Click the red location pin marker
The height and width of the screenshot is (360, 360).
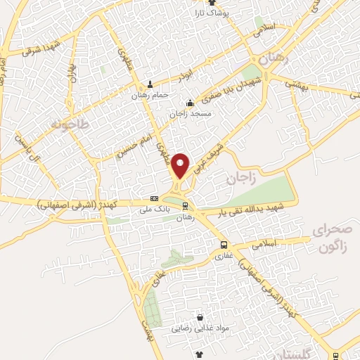click(x=181, y=166)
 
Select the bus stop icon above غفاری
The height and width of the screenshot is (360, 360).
click(x=223, y=245)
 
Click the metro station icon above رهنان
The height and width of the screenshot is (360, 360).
click(x=185, y=207)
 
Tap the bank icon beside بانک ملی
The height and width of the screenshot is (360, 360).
click(x=155, y=199)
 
